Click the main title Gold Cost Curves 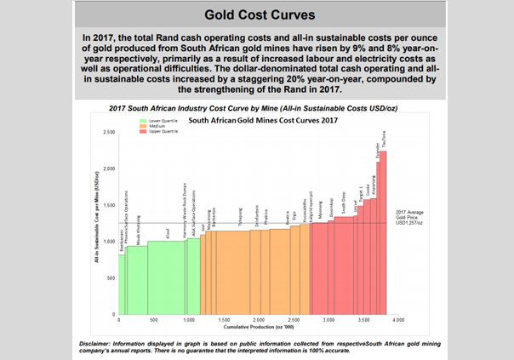[256, 15]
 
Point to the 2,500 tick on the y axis [109, 133]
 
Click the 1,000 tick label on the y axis [109, 242]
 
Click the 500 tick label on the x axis [153, 321]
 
